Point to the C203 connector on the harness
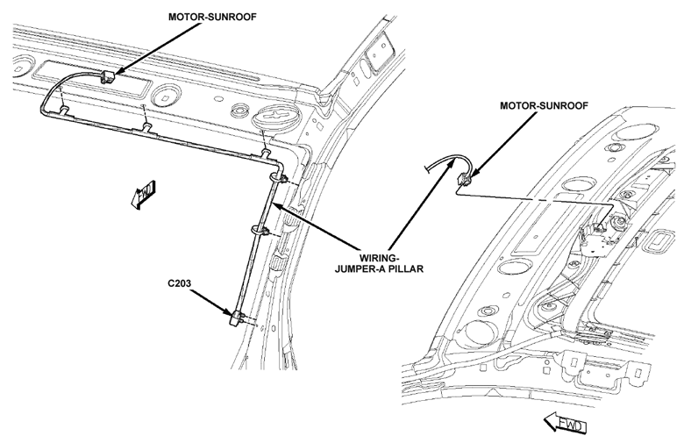235,317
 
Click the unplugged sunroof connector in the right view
464,178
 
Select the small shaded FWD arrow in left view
143,193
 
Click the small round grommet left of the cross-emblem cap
239,111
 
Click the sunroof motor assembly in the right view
598,230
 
